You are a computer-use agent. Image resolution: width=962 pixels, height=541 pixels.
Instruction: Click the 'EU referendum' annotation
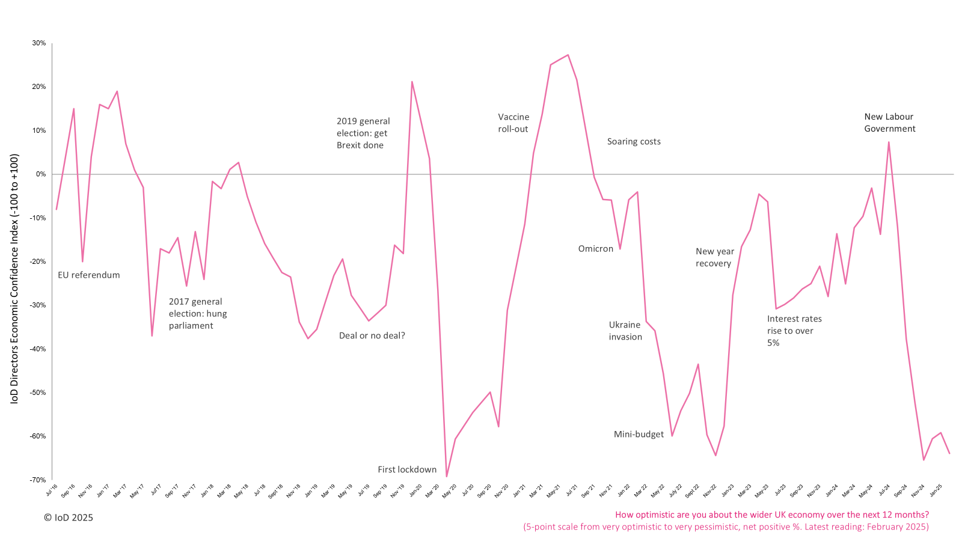click(x=89, y=275)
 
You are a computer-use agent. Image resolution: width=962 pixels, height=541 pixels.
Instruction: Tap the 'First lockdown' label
click(x=407, y=470)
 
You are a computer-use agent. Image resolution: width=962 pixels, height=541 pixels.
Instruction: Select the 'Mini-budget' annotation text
click(x=639, y=435)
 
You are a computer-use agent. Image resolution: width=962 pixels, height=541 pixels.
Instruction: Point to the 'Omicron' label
click(x=596, y=249)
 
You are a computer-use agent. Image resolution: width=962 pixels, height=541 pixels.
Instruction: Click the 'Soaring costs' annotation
click(x=634, y=142)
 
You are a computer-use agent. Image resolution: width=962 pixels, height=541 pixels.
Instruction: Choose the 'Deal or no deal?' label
click(x=372, y=336)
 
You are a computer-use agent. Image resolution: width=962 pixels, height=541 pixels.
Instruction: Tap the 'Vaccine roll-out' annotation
click(x=513, y=123)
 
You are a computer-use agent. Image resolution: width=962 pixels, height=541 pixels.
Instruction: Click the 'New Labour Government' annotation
click(x=889, y=123)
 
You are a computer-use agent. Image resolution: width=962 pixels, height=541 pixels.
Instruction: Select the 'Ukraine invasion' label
click(x=625, y=331)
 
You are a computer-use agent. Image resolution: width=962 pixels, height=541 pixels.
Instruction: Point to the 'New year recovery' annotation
click(x=714, y=258)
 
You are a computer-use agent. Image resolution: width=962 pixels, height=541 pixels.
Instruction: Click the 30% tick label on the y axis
click(x=39, y=43)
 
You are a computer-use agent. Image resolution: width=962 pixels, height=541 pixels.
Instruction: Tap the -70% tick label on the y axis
click(x=38, y=480)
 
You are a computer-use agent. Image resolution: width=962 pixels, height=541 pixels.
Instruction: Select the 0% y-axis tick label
click(x=41, y=174)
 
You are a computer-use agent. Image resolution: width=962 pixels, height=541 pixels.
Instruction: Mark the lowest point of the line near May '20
click(x=447, y=477)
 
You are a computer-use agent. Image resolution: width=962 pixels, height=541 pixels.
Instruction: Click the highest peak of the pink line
click(x=568, y=55)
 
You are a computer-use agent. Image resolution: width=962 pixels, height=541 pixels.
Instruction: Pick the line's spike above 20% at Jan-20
click(x=412, y=82)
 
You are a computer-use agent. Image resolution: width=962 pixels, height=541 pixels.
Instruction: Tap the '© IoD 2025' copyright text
click(x=69, y=518)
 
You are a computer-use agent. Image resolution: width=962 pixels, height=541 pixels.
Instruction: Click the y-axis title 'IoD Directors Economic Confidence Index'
click(x=15, y=279)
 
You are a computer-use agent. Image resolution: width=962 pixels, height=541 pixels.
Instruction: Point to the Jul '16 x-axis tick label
click(x=52, y=491)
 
